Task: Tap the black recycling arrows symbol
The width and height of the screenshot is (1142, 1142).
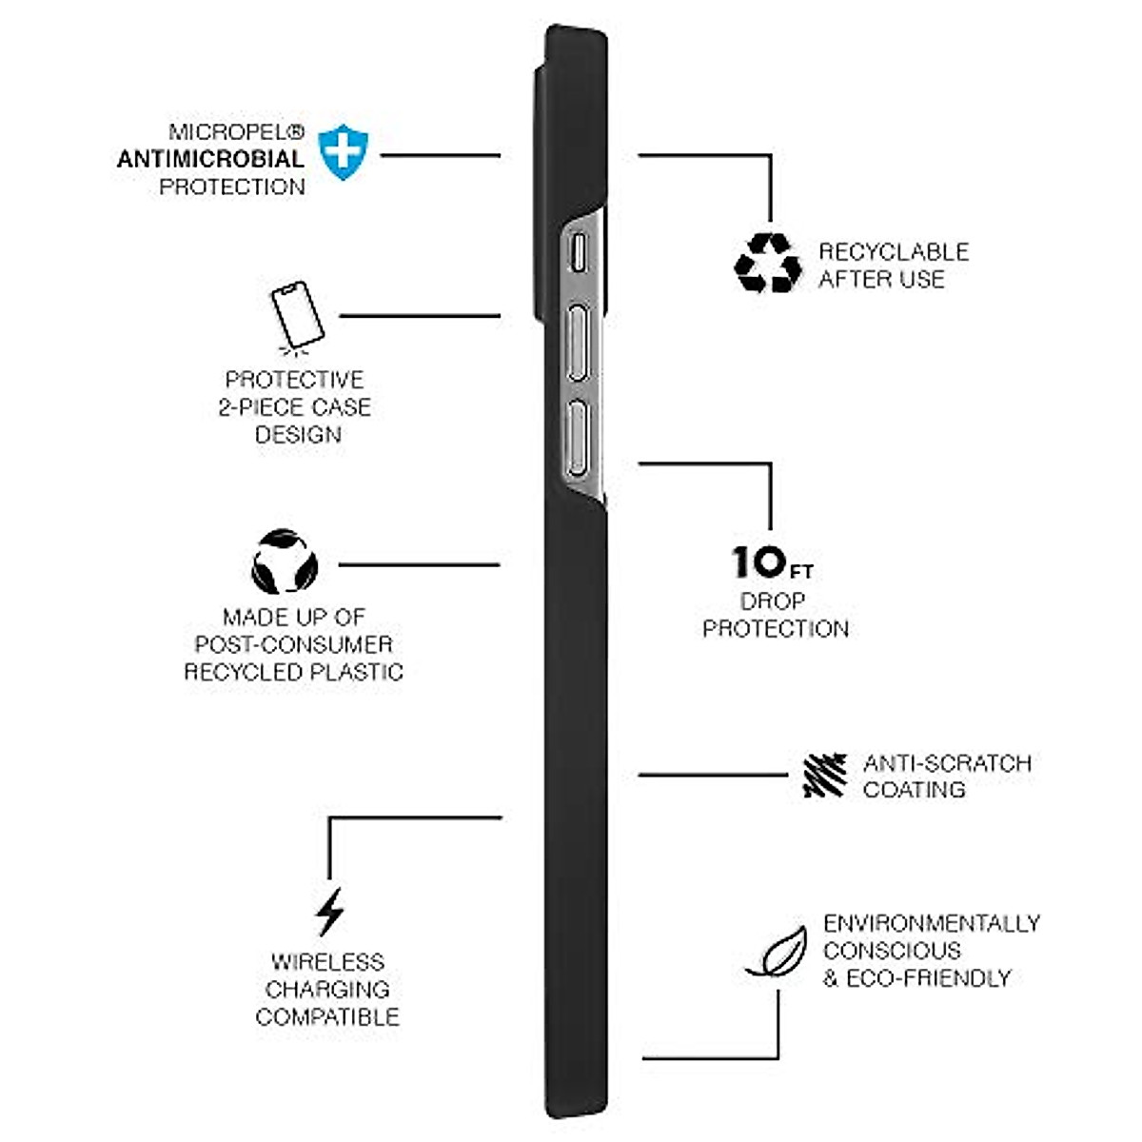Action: coord(768,264)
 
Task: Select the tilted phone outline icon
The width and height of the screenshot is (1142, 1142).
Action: coord(297,313)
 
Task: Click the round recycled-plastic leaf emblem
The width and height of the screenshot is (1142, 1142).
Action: coord(285,562)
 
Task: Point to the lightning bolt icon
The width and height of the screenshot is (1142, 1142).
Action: coord(329,912)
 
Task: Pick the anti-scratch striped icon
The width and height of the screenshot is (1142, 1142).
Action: coord(824,776)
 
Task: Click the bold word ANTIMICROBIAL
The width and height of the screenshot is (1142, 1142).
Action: coord(210,159)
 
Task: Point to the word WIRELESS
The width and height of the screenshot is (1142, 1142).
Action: coord(327,962)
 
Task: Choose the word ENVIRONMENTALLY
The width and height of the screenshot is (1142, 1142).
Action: coord(931,923)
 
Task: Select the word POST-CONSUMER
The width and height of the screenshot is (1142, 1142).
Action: coord(293,644)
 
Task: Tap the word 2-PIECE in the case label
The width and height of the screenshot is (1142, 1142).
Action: coord(255,407)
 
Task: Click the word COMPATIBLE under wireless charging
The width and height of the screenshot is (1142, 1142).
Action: coord(327,1016)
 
